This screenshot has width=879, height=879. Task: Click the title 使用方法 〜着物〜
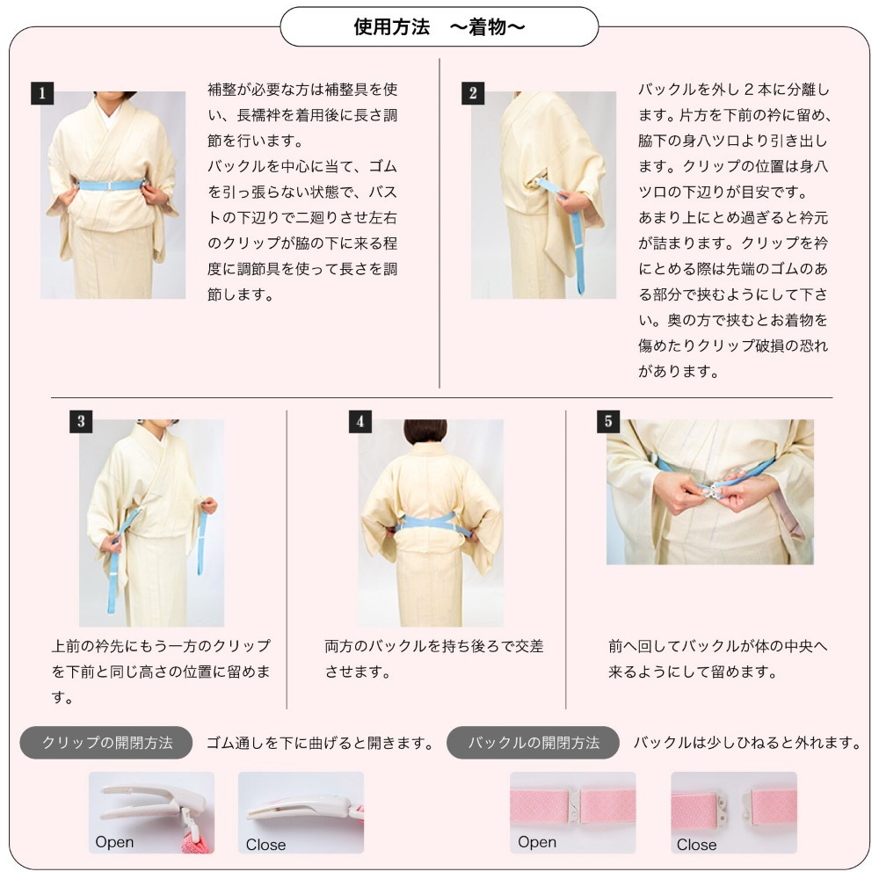[x=439, y=27]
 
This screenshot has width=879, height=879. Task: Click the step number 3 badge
[x=81, y=421]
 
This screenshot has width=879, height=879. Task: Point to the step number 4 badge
[x=360, y=421]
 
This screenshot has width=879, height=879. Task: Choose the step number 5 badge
[x=608, y=421]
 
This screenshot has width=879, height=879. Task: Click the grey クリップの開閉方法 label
[x=106, y=743]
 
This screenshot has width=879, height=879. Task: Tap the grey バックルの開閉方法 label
[x=534, y=743]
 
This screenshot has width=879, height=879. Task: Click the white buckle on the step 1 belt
[x=112, y=185]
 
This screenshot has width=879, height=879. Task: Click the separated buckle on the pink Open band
[x=572, y=804]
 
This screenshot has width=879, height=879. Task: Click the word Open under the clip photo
[x=114, y=842]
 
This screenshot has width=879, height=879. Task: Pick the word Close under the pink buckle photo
[x=696, y=845]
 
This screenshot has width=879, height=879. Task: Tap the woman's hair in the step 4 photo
[x=425, y=431]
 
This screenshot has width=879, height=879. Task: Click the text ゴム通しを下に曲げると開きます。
[x=321, y=744]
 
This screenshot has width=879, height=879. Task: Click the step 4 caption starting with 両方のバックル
[x=433, y=658]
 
